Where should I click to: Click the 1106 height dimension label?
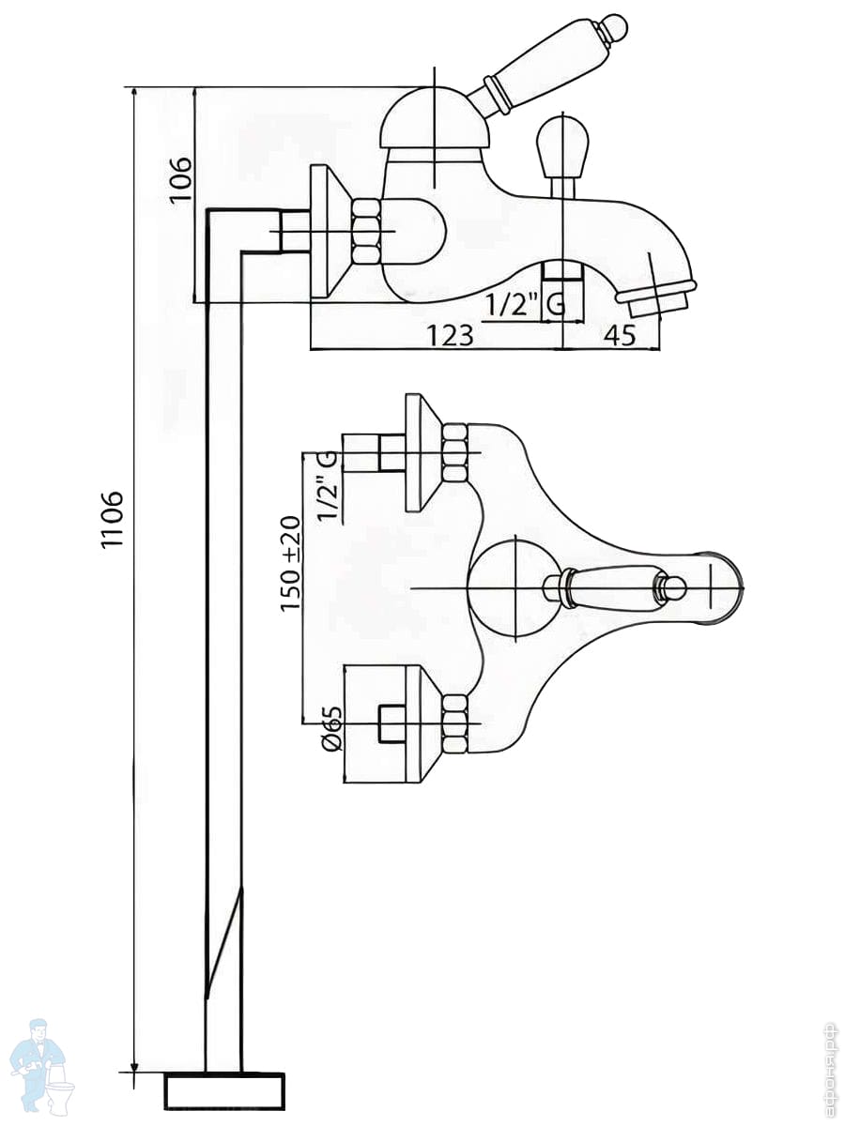click(x=113, y=519)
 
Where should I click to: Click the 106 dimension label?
click(x=179, y=178)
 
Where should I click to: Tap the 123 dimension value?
click(x=451, y=334)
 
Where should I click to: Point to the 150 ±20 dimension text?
click(x=290, y=564)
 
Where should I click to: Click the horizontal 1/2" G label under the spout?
click(x=526, y=305)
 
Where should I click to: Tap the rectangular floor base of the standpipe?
click(x=224, y=1090)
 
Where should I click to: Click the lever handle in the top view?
click(x=610, y=588)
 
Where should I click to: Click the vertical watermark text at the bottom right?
click(x=828, y=1070)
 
